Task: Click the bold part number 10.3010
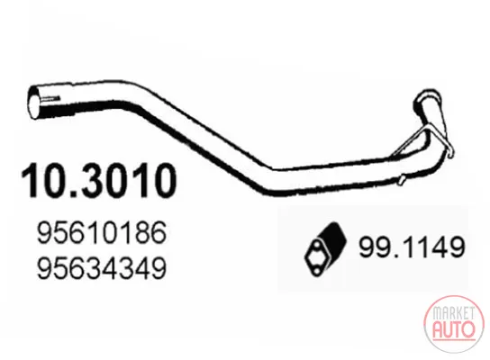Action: [98, 181]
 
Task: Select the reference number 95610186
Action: [102, 232]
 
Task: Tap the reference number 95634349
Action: [102, 268]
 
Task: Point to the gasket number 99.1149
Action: [412, 247]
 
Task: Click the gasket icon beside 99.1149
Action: [325, 249]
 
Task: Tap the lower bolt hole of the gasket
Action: [317, 270]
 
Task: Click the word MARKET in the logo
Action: [453, 312]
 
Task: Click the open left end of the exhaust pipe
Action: [34, 102]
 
